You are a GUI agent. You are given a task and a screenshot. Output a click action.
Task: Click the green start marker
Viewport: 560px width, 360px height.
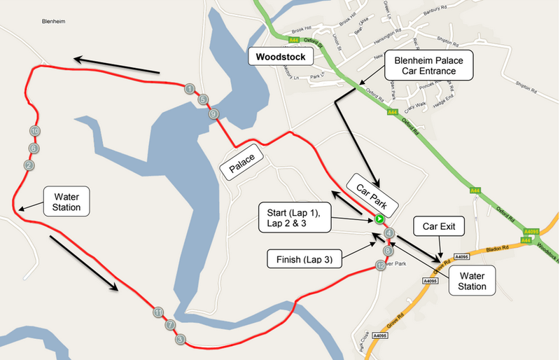[x=379, y=219]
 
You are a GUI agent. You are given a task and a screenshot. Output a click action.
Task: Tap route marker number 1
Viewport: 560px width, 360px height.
[x=190, y=89]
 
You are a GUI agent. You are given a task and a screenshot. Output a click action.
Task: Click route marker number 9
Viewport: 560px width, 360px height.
[x=214, y=114]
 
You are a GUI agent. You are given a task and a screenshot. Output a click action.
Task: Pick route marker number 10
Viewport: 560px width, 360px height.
[x=34, y=131]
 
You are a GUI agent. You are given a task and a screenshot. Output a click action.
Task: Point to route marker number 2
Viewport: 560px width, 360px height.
[x=29, y=165]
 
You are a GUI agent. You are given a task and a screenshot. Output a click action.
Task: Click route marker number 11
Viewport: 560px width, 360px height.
[x=159, y=312]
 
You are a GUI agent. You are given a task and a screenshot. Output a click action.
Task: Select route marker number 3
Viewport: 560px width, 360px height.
[x=180, y=340]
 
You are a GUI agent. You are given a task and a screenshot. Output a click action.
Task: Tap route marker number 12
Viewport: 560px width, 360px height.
[x=380, y=265]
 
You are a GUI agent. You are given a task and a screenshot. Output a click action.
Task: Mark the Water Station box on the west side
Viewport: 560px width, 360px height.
[x=66, y=200]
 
